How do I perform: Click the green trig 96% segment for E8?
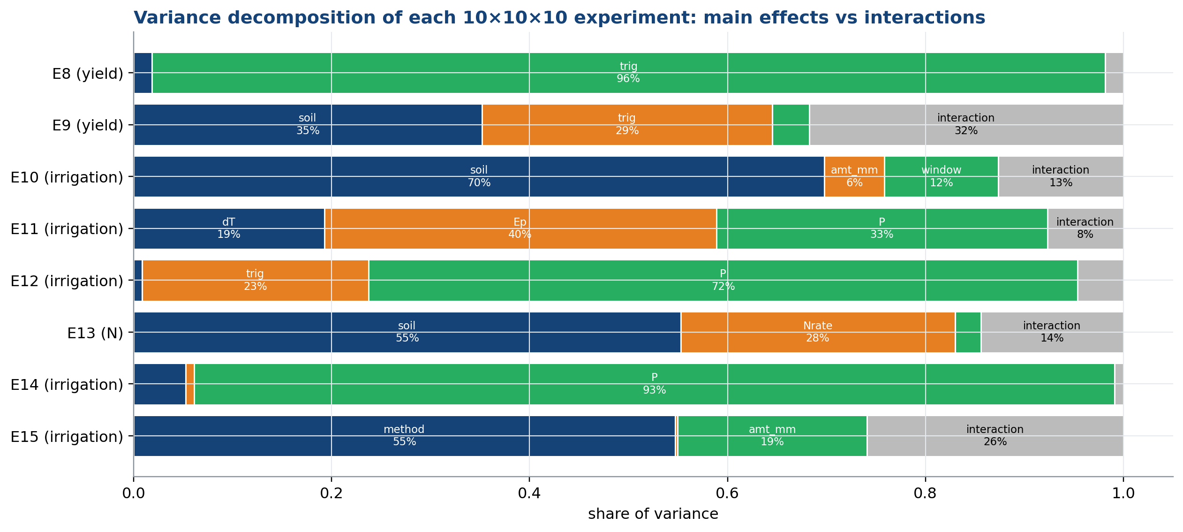pyautogui.click(x=629, y=73)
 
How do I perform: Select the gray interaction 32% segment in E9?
pyautogui.click(x=966, y=125)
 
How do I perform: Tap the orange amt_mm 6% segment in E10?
pyautogui.click(x=854, y=176)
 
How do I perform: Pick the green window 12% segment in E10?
pyautogui.click(x=942, y=176)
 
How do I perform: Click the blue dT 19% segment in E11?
pyautogui.click(x=229, y=228)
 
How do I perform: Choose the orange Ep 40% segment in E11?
pyautogui.click(x=520, y=228)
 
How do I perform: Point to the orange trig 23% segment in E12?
pyautogui.click(x=255, y=280)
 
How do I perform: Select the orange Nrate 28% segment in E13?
pyautogui.click(x=818, y=332)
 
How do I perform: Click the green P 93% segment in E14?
pyautogui.click(x=655, y=384)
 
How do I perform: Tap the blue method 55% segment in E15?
pyautogui.click(x=404, y=436)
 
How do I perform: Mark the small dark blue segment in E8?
pyautogui.click(x=143, y=73)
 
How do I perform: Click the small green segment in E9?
pyautogui.click(x=791, y=125)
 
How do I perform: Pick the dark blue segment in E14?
pyautogui.click(x=159, y=384)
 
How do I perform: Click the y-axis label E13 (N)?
pyautogui.click(x=95, y=333)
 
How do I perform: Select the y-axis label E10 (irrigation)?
pyautogui.click(x=67, y=177)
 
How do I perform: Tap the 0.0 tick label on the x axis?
pyautogui.click(x=134, y=494)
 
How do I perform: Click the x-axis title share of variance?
pyautogui.click(x=653, y=514)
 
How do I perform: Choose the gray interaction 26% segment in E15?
pyautogui.click(x=995, y=436)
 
